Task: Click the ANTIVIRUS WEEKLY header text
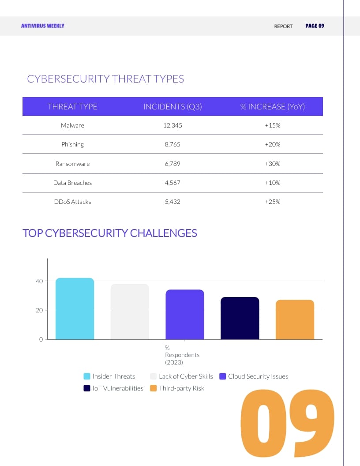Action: point(43,26)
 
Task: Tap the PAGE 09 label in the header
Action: point(315,26)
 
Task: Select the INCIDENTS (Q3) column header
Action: point(172,107)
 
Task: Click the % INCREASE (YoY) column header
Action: point(273,107)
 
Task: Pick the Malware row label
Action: point(72,125)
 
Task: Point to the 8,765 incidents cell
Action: point(172,144)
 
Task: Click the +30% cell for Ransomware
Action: point(273,164)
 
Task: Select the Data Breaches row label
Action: point(72,183)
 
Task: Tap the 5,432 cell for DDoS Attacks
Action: point(172,202)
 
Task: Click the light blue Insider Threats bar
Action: point(75,309)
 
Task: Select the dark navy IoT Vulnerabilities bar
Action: point(240,318)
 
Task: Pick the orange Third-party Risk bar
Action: point(295,320)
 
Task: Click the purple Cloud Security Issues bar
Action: point(185,315)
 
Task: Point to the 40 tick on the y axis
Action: point(39,281)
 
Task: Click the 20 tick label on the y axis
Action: point(39,310)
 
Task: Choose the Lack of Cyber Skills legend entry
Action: point(181,376)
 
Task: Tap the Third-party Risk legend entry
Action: point(177,388)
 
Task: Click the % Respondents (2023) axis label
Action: point(182,355)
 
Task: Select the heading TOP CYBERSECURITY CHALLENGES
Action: point(110,233)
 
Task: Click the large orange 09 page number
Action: point(287,424)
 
